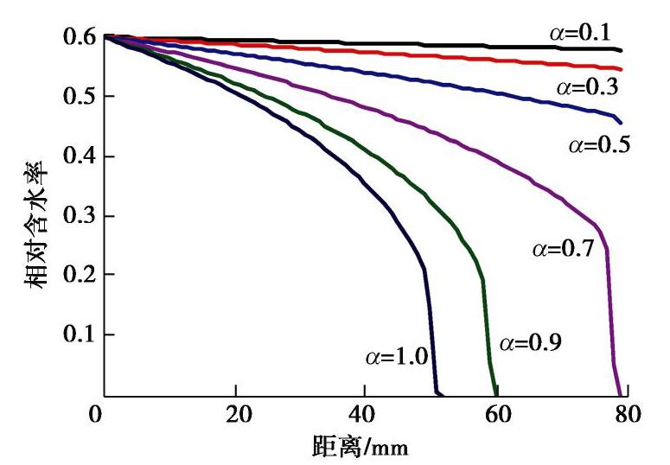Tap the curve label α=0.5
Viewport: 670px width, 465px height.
click(x=598, y=143)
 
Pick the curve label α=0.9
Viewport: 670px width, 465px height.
click(x=531, y=343)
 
